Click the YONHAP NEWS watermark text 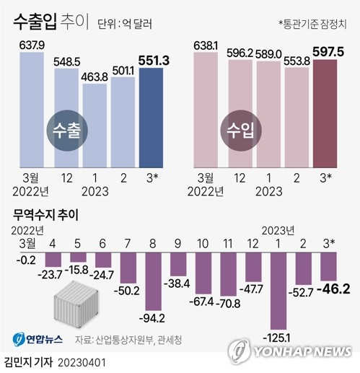[302, 351]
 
